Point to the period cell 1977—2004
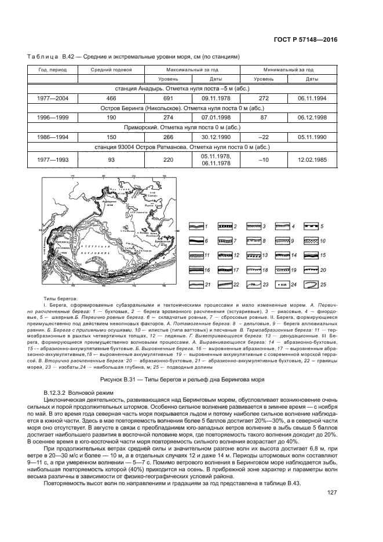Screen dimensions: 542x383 pyautogui.click(x=53, y=99)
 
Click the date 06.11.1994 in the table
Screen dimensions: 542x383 pyautogui.click(x=312, y=99)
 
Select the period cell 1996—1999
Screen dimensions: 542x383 pyautogui.click(x=53, y=118)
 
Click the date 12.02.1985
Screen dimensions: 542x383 pyautogui.click(x=312, y=159)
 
